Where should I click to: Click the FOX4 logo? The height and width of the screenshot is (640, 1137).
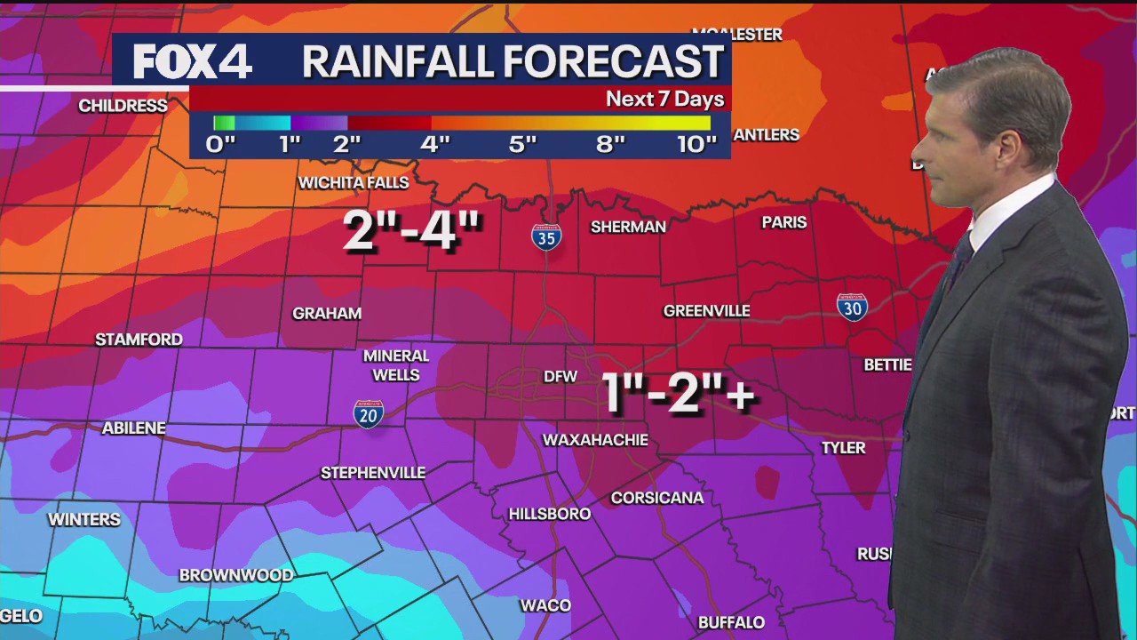pyautogui.click(x=193, y=61)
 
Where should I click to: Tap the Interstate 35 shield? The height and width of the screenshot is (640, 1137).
pyautogui.click(x=546, y=236)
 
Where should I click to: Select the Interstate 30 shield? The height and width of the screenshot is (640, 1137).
pyautogui.click(x=852, y=307)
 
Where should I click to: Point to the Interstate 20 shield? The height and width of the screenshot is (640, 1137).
pyautogui.click(x=369, y=413)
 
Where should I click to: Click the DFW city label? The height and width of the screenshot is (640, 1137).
pyautogui.click(x=561, y=377)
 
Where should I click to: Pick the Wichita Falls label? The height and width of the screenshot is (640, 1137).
pyautogui.click(x=354, y=183)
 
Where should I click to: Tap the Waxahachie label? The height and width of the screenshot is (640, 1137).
pyautogui.click(x=595, y=440)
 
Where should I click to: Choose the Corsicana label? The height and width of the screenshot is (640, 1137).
pyautogui.click(x=657, y=498)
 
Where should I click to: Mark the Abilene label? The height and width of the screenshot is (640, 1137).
pyautogui.click(x=134, y=428)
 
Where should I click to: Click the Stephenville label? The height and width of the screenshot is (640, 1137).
pyautogui.click(x=373, y=473)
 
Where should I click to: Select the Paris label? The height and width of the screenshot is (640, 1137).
pyautogui.click(x=784, y=222)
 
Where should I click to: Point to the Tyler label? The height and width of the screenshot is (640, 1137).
pyautogui.click(x=843, y=448)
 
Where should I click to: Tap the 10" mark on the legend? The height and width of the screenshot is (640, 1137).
pyautogui.click(x=696, y=145)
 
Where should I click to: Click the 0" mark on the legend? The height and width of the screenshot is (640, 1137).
pyautogui.click(x=220, y=145)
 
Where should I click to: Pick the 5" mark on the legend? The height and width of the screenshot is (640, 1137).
pyautogui.click(x=522, y=145)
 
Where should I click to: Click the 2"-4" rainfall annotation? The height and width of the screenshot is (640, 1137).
pyautogui.click(x=412, y=231)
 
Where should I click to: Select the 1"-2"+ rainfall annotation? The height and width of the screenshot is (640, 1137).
pyautogui.click(x=679, y=392)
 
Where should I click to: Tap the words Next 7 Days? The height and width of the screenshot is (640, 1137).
pyautogui.click(x=664, y=99)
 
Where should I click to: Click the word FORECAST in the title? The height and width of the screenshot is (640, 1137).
pyautogui.click(x=614, y=61)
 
